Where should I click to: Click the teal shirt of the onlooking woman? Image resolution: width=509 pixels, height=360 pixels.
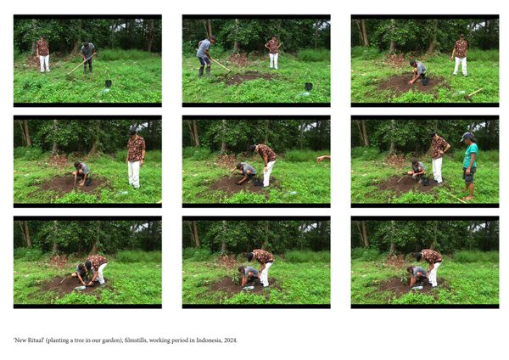pyautogui.click(x=470, y=155)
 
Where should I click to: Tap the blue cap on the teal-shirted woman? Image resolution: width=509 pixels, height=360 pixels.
pyautogui.click(x=467, y=136)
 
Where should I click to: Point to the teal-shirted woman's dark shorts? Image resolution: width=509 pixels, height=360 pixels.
pyautogui.click(x=469, y=174)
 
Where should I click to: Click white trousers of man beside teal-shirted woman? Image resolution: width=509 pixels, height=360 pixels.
pyautogui.click(x=437, y=169)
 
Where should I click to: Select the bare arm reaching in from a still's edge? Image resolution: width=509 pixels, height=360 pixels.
pyautogui.click(x=323, y=159)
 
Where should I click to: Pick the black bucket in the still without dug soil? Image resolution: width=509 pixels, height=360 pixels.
pyautogui.click(x=108, y=83)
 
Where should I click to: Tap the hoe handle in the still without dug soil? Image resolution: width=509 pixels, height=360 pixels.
pyautogui.click(x=81, y=64)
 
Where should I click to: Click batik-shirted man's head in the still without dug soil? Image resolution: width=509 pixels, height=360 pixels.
pyautogui.click(x=42, y=37)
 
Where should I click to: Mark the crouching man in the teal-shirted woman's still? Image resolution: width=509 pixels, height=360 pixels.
pyautogui.click(x=417, y=169)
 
